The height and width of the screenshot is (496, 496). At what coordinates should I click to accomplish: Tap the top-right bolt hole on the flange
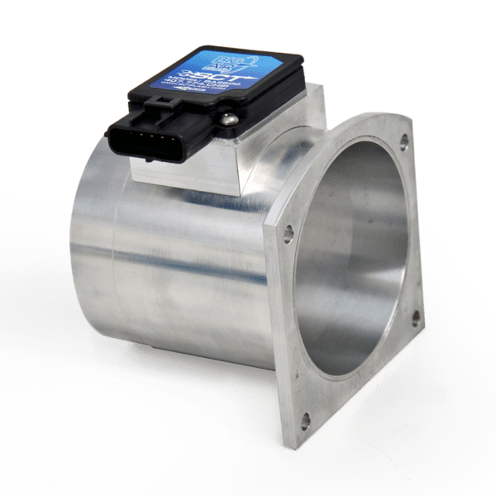click(403, 141)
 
